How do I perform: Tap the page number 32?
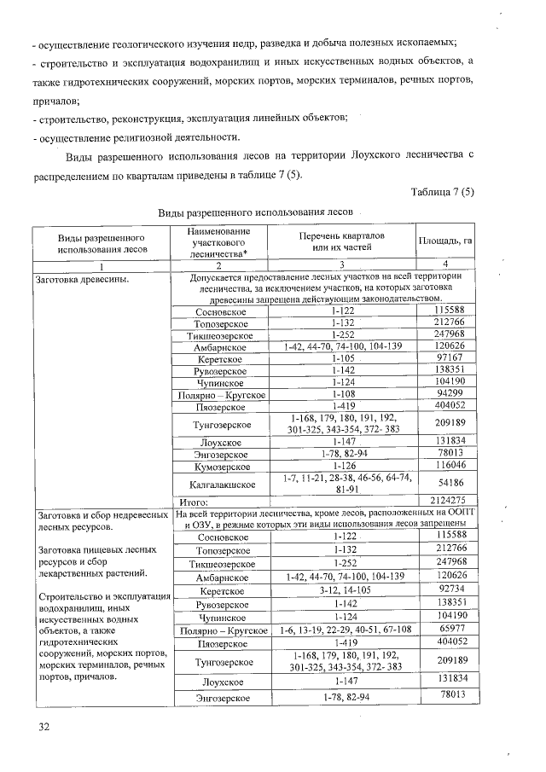coord(44,726)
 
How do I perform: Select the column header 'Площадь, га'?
coord(444,241)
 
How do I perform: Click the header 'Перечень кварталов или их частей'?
coord(341,241)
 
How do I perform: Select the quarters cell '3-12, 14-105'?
coord(343,589)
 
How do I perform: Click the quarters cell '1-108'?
coord(343,395)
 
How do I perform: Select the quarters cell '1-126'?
coord(343,467)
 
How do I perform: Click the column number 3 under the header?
coord(342,266)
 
